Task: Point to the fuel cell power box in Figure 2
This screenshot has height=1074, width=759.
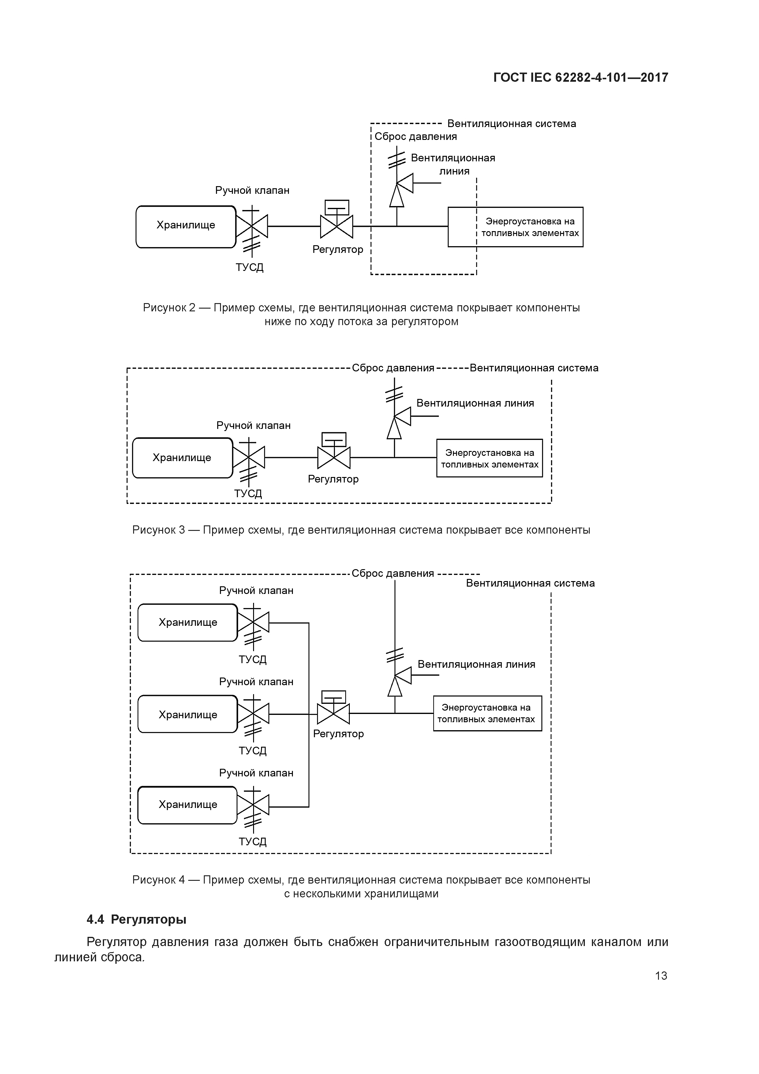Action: click(515, 227)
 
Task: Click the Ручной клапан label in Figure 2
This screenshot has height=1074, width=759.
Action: click(252, 190)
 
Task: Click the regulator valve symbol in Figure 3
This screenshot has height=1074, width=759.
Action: click(334, 457)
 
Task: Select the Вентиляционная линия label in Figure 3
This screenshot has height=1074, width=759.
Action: click(475, 403)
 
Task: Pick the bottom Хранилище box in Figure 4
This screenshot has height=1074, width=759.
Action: click(188, 805)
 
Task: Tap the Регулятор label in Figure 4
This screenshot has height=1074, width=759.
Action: click(338, 734)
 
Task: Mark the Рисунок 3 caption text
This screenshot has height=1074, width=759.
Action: click(361, 530)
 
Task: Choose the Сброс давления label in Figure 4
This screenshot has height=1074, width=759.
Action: click(393, 573)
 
